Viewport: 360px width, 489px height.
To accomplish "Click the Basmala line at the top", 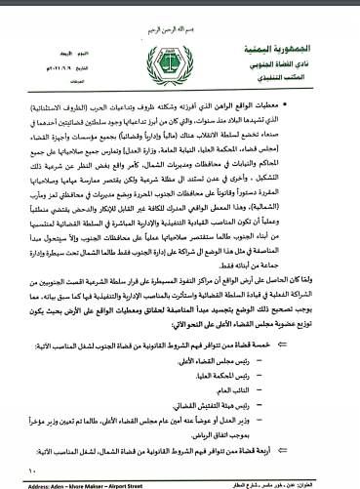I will [181, 10].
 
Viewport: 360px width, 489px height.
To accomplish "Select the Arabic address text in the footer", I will [283, 481].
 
